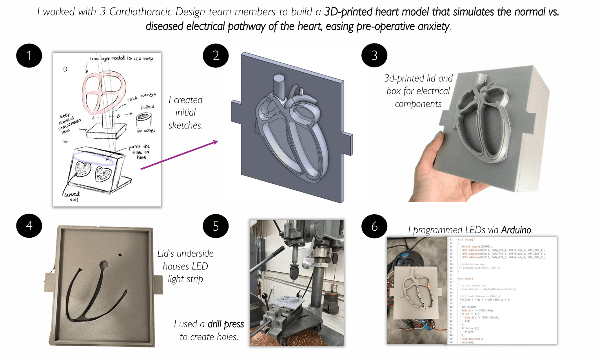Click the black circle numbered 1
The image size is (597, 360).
29,56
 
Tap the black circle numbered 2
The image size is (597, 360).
216,56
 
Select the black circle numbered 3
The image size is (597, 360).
374,56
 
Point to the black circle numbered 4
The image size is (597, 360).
29,226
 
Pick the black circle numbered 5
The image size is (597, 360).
216,226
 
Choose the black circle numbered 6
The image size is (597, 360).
374,226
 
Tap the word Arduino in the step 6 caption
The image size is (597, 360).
516,230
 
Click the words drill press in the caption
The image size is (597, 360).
225,324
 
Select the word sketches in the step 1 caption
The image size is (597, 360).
185,125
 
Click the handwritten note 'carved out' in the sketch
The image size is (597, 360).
73,197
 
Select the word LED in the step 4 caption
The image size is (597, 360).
200,266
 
